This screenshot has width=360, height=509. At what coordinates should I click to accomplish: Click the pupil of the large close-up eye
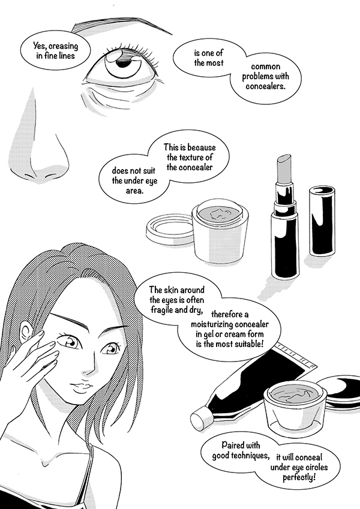pyautogui.click(x=123, y=63)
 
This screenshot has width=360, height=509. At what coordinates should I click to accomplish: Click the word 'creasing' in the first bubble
pyautogui.click(x=64, y=46)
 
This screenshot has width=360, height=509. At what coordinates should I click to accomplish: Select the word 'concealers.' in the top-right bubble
pyautogui.click(x=265, y=86)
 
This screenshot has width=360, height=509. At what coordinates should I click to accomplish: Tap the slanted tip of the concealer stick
pyautogui.click(x=284, y=161)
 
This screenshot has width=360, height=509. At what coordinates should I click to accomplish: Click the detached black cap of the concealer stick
pyautogui.click(x=322, y=221)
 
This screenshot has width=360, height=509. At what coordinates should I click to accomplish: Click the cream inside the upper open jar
pyautogui.click(x=220, y=213)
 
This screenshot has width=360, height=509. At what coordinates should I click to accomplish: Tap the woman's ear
pyautogui.click(x=26, y=332)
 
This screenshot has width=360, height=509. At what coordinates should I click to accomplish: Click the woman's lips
pyautogui.click(x=81, y=387)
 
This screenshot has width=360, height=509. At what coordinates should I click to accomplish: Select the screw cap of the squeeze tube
pyautogui.click(x=200, y=418)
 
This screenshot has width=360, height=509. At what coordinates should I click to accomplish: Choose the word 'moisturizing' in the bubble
pyautogui.click(x=212, y=324)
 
